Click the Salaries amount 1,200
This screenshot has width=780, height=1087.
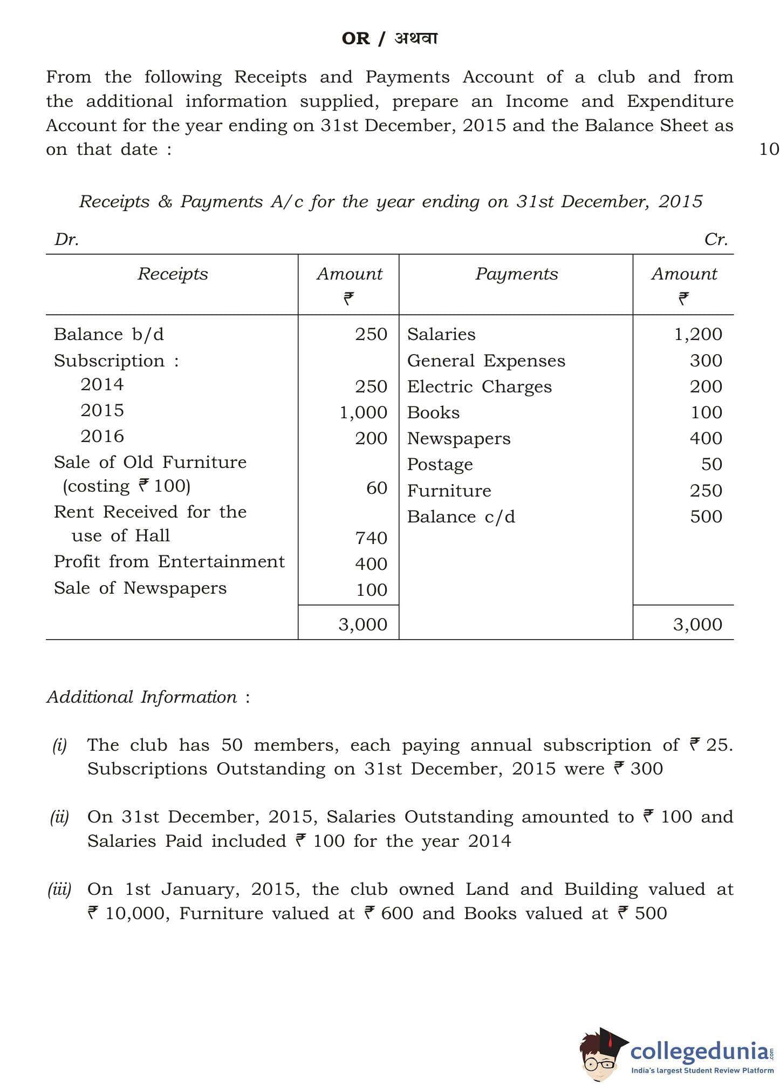point(698,335)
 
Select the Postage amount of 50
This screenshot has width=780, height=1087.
point(711,464)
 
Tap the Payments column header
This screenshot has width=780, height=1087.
point(516,274)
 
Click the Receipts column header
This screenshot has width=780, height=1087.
point(173,274)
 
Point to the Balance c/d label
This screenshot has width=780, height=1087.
point(461,517)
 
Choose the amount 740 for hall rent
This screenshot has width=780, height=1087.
point(371,538)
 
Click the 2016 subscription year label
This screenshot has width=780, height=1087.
point(102,436)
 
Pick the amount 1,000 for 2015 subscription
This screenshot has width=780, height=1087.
point(363,413)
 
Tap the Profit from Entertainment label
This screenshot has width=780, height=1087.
point(169,562)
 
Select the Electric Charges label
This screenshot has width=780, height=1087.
point(479,387)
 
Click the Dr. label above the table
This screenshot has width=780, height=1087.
point(66,240)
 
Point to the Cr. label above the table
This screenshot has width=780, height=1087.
point(716,240)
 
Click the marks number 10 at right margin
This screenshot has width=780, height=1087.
point(769,150)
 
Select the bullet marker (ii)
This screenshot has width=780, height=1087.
point(60,817)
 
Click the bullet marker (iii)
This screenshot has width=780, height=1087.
point(60,889)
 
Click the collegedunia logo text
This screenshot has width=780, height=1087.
point(700,1051)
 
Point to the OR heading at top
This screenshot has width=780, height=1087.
point(356,39)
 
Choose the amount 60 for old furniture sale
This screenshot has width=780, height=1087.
point(377,488)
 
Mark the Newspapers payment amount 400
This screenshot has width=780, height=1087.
point(706,438)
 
